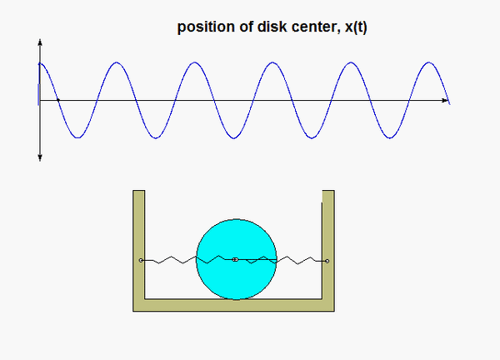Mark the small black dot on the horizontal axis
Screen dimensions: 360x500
point(57,101)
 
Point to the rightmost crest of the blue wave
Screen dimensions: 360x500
point(429,63)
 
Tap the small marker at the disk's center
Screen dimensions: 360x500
point(235,261)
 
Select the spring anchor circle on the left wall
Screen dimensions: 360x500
point(142,261)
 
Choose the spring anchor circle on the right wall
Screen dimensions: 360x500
point(327,261)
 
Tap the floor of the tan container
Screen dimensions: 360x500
point(233,305)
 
